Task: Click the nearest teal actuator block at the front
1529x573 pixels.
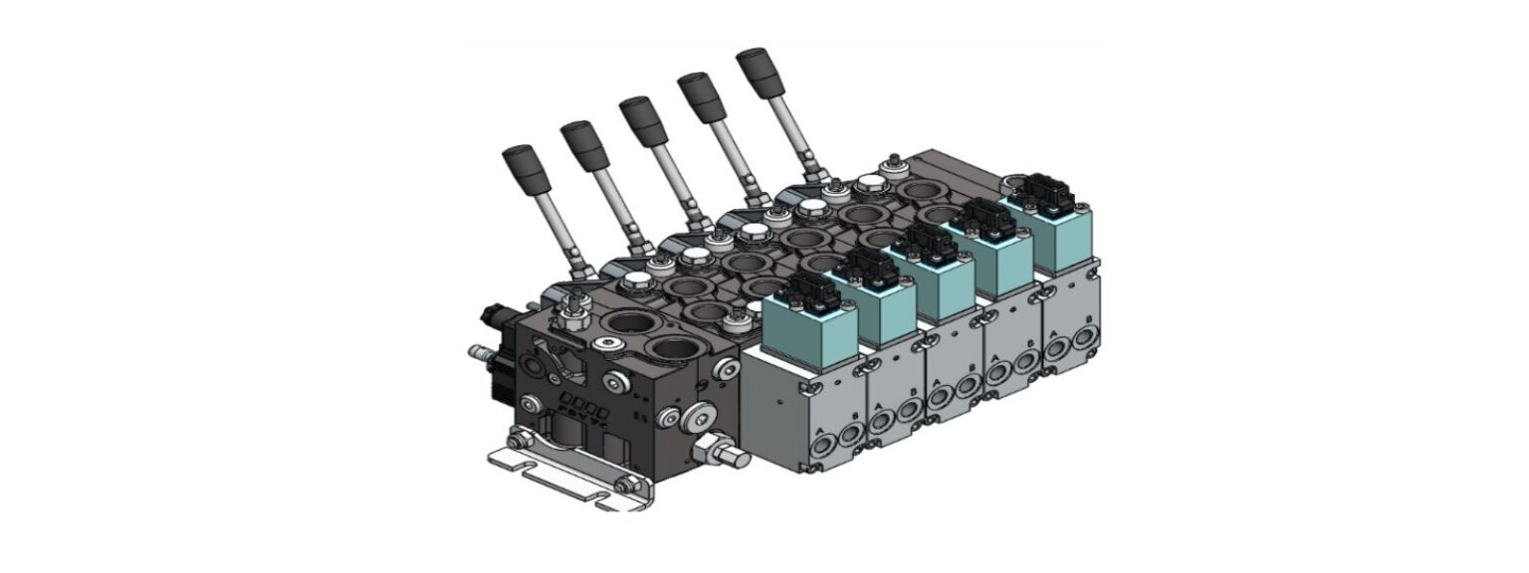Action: tap(808, 328)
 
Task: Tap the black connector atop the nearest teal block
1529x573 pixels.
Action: tap(809, 289)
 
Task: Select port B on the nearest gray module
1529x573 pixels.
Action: tap(849, 434)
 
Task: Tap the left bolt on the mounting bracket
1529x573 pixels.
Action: tap(515, 443)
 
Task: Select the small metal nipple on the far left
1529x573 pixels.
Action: tap(476, 351)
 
